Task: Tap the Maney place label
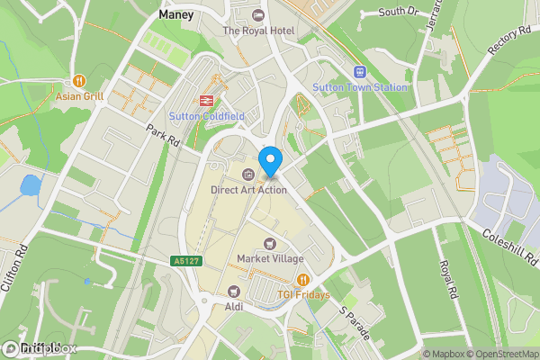click(176, 15)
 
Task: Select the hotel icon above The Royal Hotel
click(258, 15)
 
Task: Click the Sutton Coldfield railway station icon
click(206, 101)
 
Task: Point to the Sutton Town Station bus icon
click(360, 72)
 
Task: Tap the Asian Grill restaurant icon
click(80, 80)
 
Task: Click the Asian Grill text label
click(80, 95)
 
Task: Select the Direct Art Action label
click(248, 189)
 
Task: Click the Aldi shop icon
click(234, 291)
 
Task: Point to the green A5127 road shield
click(184, 261)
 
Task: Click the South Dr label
click(399, 12)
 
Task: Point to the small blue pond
click(30, 187)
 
